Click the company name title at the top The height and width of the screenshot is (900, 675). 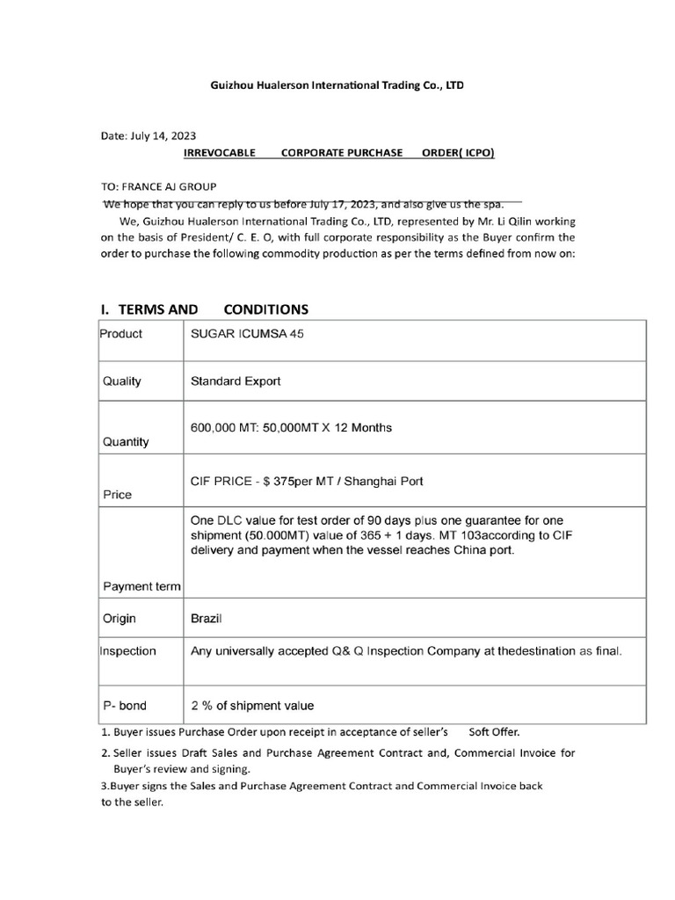click(337, 85)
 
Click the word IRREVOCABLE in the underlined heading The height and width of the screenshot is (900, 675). click(219, 153)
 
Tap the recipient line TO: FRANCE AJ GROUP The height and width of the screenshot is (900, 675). click(159, 186)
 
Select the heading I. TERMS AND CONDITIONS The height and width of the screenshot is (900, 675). click(205, 309)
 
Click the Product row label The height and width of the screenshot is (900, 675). click(121, 334)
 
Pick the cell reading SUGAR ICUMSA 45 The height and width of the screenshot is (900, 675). click(250, 334)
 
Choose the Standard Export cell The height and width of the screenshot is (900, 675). click(236, 381)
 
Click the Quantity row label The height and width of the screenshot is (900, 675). click(126, 442)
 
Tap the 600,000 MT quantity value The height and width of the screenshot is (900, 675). click(291, 428)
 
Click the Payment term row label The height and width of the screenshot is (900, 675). click(142, 586)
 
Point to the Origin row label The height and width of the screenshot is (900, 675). click(120, 619)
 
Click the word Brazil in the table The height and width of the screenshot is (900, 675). click(207, 619)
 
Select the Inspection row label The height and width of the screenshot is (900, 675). click(128, 651)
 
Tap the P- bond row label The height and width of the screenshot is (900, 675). click(125, 706)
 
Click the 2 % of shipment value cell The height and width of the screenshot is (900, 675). click(252, 706)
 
